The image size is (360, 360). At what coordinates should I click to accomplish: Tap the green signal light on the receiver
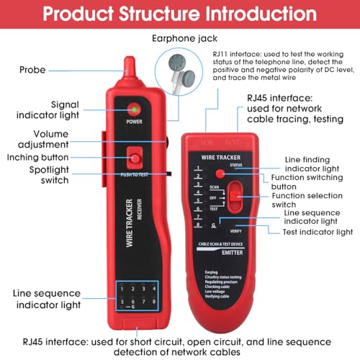134,109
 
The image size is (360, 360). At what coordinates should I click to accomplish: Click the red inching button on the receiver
134,156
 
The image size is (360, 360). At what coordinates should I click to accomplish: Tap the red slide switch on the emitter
230,195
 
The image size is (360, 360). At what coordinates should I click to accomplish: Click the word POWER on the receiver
134,122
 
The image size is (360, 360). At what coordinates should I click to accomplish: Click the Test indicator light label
318,232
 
